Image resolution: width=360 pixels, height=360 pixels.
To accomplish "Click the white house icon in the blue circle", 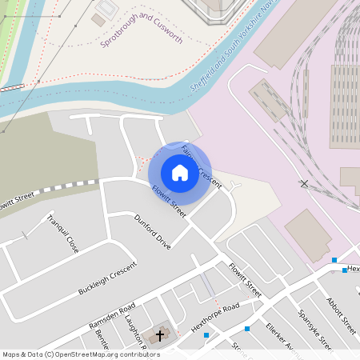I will (x=180, y=172).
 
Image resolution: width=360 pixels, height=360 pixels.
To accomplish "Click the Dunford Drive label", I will (x=152, y=231).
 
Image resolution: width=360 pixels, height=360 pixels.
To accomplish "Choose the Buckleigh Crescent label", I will (x=107, y=279).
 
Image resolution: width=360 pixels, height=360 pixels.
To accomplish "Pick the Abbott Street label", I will (x=341, y=315).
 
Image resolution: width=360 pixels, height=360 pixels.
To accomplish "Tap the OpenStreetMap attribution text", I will (x=80, y=354).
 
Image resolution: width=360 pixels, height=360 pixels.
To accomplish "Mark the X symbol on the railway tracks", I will (x=304, y=184).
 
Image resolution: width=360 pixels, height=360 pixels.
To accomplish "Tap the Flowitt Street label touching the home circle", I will (x=169, y=202).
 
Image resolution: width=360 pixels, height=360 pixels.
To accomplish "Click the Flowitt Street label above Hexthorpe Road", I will (x=244, y=279).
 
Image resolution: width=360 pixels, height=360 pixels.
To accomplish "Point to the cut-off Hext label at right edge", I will (x=353, y=270).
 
